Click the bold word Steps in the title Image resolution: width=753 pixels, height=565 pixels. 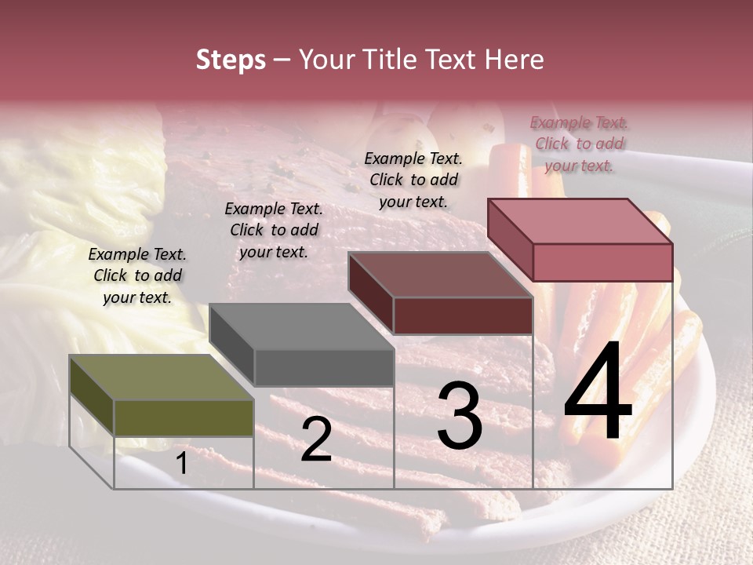[x=231, y=60]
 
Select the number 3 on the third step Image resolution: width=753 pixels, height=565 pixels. [x=459, y=416]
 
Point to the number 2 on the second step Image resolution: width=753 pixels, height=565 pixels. [x=316, y=439]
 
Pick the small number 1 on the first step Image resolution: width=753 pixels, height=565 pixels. [x=181, y=464]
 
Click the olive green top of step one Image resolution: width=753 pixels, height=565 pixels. [x=149, y=377]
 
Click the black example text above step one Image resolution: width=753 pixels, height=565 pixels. [x=137, y=275]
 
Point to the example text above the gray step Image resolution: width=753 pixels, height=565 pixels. [x=274, y=230]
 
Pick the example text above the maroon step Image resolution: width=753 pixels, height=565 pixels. [x=413, y=180]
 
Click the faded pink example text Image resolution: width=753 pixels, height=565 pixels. [x=579, y=144]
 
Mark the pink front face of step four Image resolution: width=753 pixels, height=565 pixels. [x=602, y=262]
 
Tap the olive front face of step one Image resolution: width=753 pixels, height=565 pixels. [x=184, y=417]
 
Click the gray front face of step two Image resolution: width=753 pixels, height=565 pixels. [x=323, y=367]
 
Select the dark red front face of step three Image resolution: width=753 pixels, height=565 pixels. [x=463, y=315]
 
